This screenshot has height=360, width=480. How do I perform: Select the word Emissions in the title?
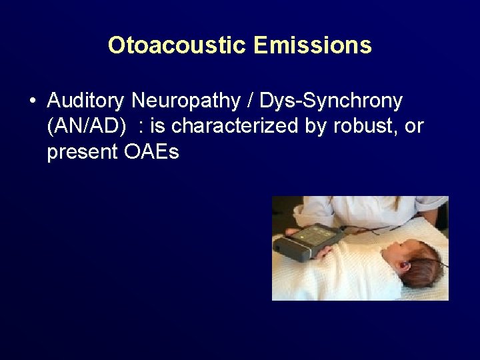312,45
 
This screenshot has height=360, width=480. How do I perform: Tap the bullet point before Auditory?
32,101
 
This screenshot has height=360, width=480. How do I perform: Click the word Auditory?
86,101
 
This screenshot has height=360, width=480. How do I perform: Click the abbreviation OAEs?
151,152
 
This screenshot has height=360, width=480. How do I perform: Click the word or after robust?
414,126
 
